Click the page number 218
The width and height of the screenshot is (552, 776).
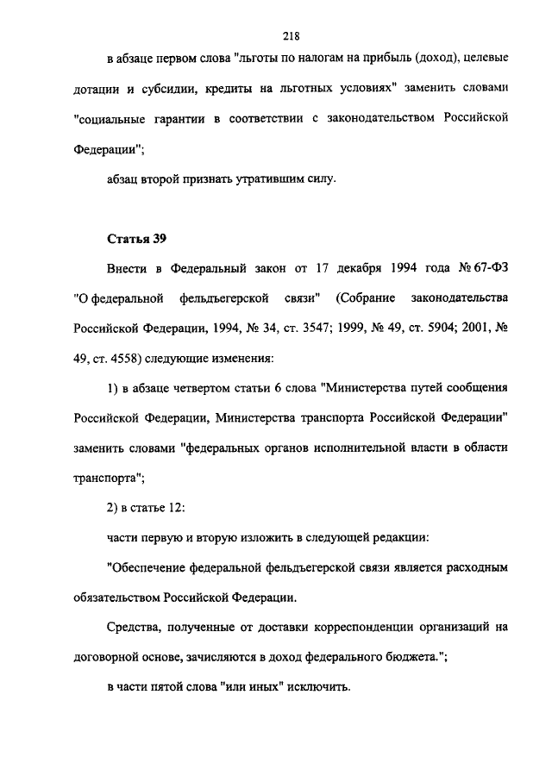click(290, 35)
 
